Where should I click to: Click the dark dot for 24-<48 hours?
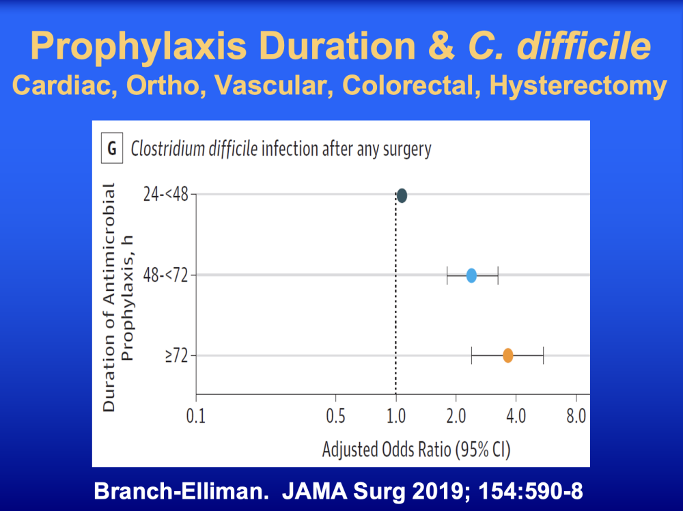click(402, 195)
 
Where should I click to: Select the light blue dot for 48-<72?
click(471, 275)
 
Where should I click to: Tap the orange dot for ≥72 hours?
click(508, 355)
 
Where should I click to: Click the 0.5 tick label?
click(335, 417)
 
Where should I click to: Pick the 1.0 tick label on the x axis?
click(396, 417)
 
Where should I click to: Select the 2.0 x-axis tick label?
click(456, 417)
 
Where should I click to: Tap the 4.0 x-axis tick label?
click(516, 417)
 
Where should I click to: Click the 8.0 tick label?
click(576, 417)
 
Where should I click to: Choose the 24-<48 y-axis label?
click(166, 194)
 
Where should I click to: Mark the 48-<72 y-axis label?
click(166, 275)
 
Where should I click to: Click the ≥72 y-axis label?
click(176, 356)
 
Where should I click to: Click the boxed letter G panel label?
click(112, 148)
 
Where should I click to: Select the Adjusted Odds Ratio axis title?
click(416, 449)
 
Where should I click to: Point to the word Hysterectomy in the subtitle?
click(578, 85)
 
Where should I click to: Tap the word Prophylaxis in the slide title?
click(139, 46)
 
